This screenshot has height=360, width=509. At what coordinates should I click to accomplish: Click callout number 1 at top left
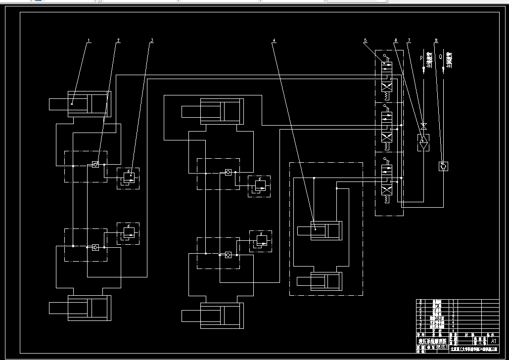point(89,41)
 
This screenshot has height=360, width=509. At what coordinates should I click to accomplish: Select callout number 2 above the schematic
point(119,40)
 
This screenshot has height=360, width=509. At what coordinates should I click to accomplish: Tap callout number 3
point(152,40)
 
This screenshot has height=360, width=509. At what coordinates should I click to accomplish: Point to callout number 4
point(274,40)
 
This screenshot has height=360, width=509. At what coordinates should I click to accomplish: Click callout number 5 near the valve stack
point(366,40)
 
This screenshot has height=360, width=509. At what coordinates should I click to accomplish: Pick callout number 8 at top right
point(436,40)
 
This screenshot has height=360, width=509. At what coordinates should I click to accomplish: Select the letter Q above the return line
point(440,56)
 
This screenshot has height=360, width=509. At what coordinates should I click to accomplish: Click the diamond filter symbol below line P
point(423,141)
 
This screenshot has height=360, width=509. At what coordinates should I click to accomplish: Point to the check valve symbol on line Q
point(444,166)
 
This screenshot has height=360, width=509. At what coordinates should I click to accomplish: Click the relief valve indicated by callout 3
point(128,178)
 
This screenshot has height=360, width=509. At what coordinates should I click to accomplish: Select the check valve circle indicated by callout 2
point(96,165)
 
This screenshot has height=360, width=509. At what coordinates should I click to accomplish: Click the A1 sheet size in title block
point(492,341)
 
